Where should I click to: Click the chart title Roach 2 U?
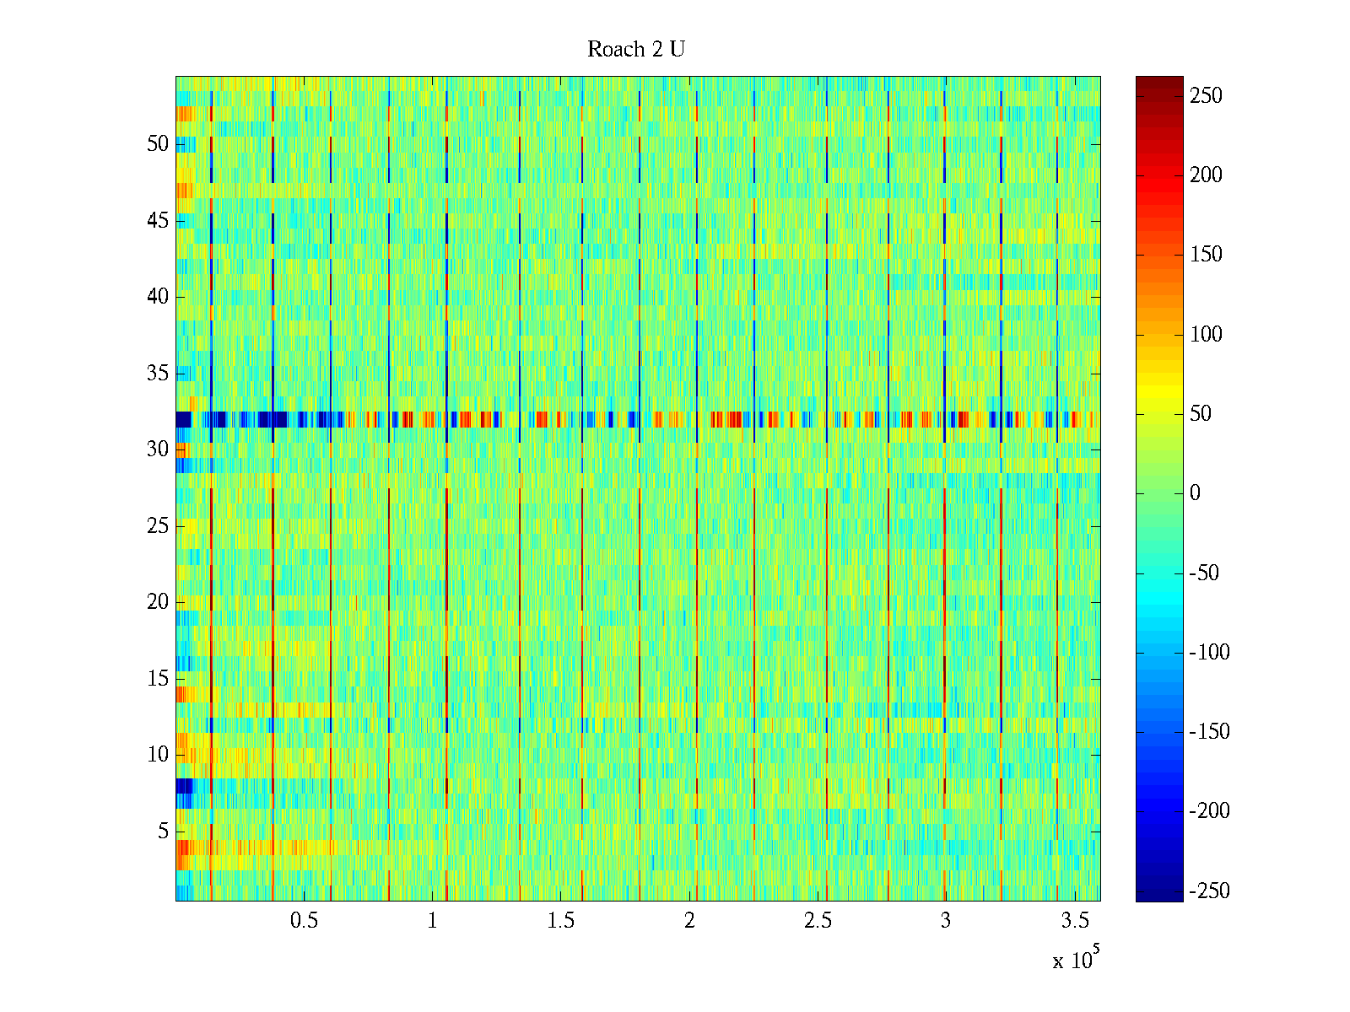pyautogui.click(x=635, y=50)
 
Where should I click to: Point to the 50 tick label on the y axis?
pyautogui.click(x=158, y=144)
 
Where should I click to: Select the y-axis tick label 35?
pyautogui.click(x=158, y=374)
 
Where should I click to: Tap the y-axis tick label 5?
pyautogui.click(x=163, y=832)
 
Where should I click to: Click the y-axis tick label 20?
pyautogui.click(x=158, y=602)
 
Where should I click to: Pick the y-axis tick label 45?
pyautogui.click(x=158, y=221)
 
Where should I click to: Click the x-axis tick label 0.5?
pyautogui.click(x=304, y=921)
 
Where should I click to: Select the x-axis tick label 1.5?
pyautogui.click(x=560, y=921)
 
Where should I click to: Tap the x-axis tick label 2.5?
pyautogui.click(x=818, y=921)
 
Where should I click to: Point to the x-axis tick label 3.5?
pyautogui.click(x=1074, y=921)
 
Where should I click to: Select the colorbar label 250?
pyautogui.click(x=1206, y=96)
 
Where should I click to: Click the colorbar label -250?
pyautogui.click(x=1209, y=891)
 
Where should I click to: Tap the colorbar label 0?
pyautogui.click(x=1195, y=493)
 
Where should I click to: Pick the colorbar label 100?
pyautogui.click(x=1206, y=335)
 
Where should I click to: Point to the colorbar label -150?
pyautogui.click(x=1209, y=732)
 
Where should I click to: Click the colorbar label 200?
pyautogui.click(x=1206, y=175)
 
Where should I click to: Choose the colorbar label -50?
pyautogui.click(x=1204, y=573)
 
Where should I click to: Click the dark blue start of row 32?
pyautogui.click(x=183, y=419)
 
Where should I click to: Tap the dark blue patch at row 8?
pyautogui.click(x=184, y=786)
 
